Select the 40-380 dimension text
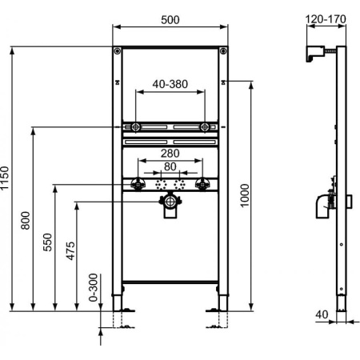tap(170, 83)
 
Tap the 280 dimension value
tap(170, 154)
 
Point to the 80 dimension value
tap(170, 166)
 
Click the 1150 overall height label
tap(6, 178)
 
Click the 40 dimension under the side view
tap(321, 314)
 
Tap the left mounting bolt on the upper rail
tap(136, 126)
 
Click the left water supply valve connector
tap(136, 185)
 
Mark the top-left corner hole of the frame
tap(118, 53)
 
